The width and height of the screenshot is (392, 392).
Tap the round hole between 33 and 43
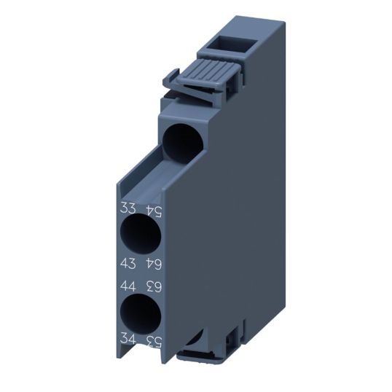138,235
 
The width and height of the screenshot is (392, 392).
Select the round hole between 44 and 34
138,312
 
